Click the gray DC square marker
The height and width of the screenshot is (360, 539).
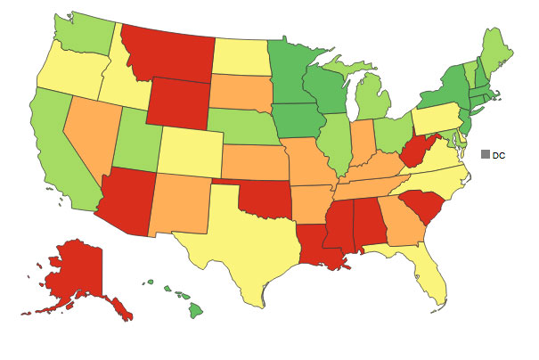tap(486, 154)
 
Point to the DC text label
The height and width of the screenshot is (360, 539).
tap(499, 155)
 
